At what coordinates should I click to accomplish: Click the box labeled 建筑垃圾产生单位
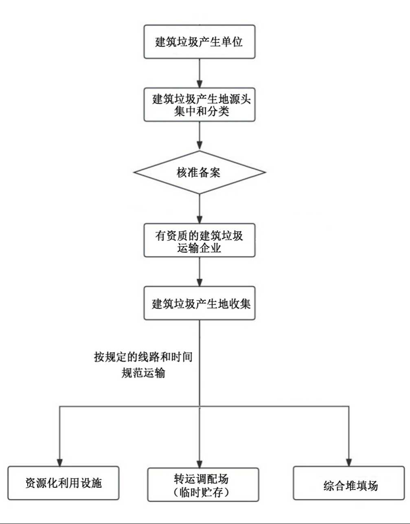(x=200, y=42)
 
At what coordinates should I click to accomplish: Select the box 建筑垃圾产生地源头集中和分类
(x=200, y=105)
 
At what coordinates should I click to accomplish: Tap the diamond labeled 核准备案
(x=200, y=172)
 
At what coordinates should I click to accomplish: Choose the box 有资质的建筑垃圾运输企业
(x=200, y=240)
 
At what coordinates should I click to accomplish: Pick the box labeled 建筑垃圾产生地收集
(x=200, y=303)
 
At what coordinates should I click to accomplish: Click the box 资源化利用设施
(x=64, y=483)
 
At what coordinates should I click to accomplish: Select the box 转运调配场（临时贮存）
(x=203, y=485)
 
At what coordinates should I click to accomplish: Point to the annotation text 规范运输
(x=143, y=372)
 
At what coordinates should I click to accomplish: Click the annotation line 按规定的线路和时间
(x=143, y=357)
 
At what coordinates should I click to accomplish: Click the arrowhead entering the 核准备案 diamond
(x=200, y=146)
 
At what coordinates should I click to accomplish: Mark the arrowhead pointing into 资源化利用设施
(x=60, y=462)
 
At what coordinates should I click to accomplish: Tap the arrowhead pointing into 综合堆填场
(x=349, y=462)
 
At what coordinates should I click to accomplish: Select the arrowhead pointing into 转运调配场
(x=200, y=464)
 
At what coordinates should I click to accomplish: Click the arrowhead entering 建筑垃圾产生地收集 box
(x=200, y=282)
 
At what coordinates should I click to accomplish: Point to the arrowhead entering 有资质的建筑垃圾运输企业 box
(x=200, y=219)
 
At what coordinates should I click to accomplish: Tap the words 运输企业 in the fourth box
(x=199, y=247)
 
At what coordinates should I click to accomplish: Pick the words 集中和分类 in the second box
(x=202, y=111)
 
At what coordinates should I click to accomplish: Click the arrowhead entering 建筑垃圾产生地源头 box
(x=200, y=84)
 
